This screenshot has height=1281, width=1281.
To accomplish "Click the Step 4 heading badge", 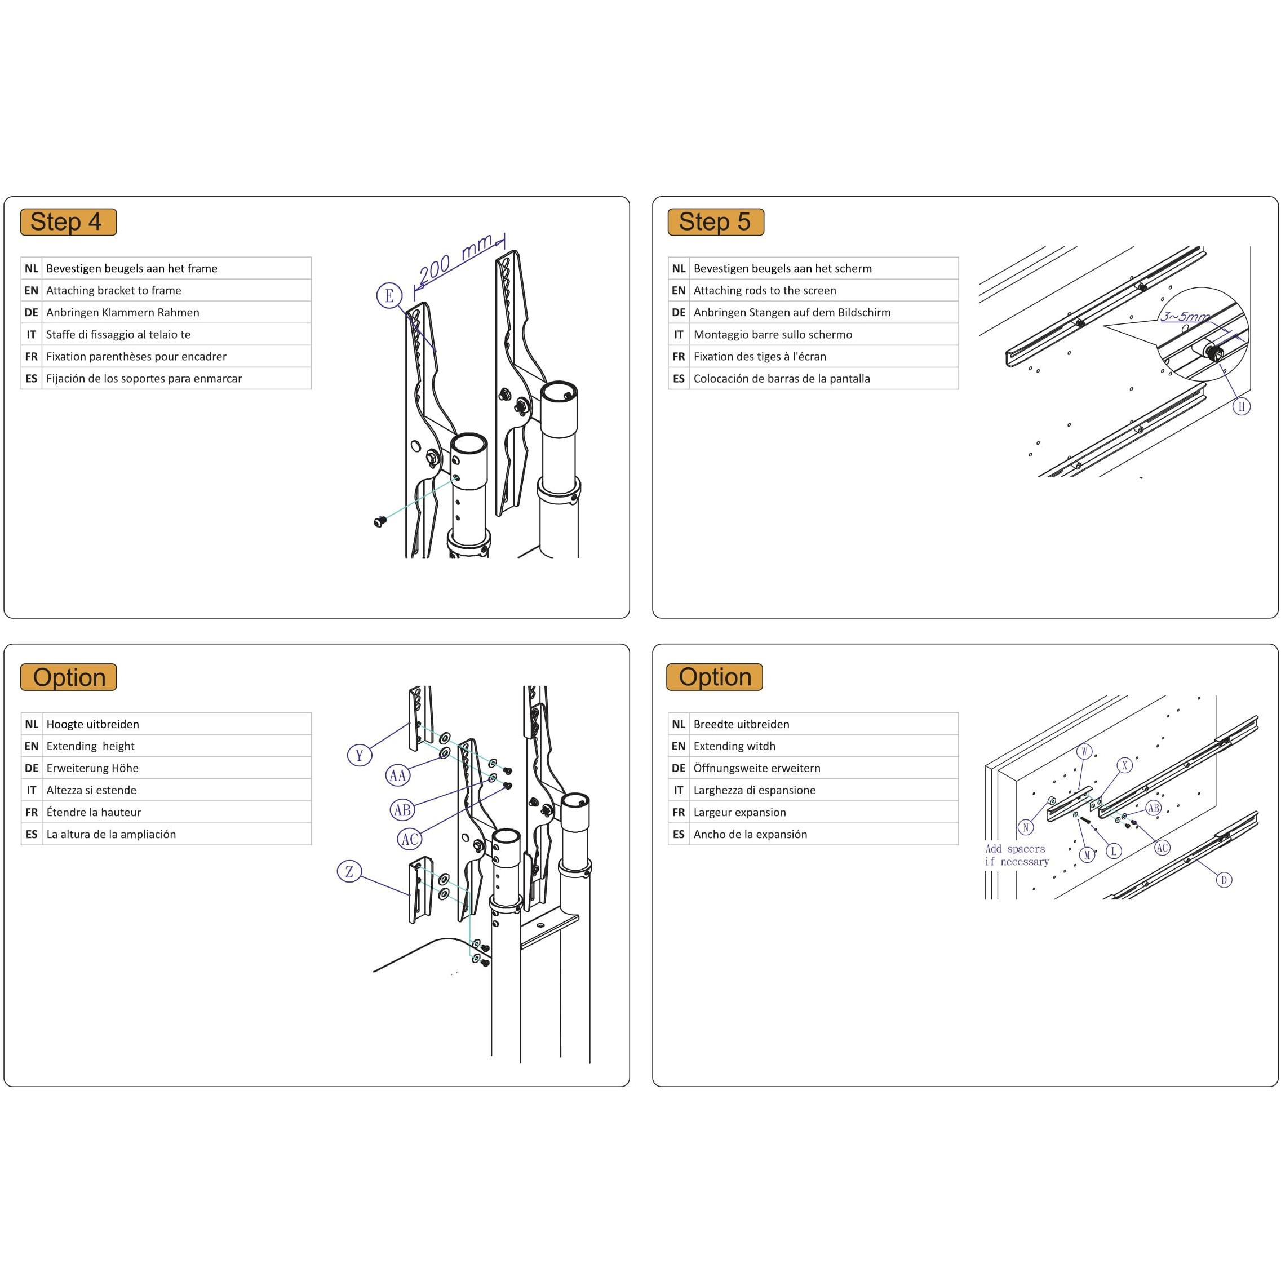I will (x=68, y=222).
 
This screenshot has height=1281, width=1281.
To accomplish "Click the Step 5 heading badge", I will (x=715, y=222).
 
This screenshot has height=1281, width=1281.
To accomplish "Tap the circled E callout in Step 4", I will (x=389, y=296).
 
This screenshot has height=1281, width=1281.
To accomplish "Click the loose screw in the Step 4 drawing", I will (x=379, y=522).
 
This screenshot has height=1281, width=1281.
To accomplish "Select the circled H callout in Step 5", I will (x=1241, y=406).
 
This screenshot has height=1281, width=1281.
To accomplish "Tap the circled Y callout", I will (x=360, y=755).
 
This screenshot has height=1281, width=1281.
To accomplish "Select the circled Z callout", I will (x=349, y=871).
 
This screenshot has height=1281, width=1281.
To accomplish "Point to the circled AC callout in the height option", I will (x=410, y=839).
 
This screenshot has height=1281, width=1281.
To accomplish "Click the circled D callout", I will (x=1224, y=880).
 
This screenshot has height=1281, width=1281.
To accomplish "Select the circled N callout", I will (x=1026, y=827).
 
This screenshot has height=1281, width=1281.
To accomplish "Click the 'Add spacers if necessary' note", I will (x=1017, y=856).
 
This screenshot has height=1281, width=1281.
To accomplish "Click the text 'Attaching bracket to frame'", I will (x=113, y=290).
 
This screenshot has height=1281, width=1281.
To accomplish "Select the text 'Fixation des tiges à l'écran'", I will (x=759, y=357).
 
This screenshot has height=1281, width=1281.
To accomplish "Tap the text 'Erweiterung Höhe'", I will (x=92, y=768).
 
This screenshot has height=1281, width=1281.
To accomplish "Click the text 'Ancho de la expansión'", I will (x=750, y=834).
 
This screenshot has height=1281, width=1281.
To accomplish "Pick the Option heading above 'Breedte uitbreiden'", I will (x=715, y=677).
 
